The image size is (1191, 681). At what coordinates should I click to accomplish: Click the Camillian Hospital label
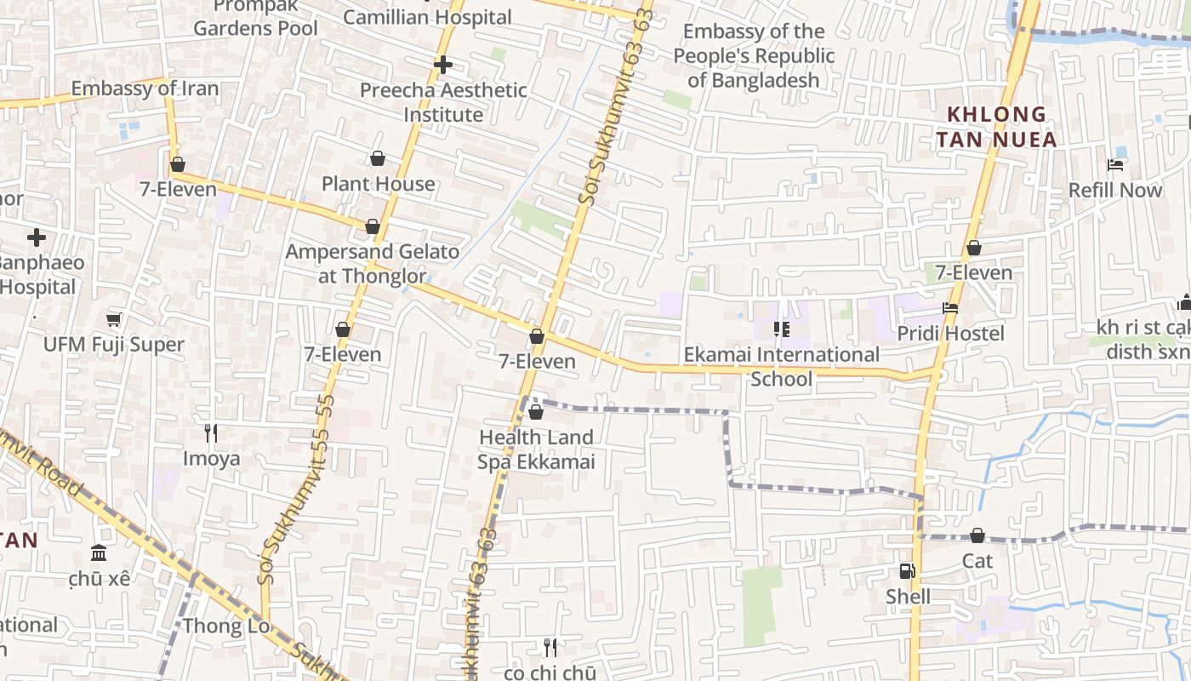427,17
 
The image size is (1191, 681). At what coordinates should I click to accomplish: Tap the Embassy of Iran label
145,89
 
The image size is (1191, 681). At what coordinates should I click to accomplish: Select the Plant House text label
378,184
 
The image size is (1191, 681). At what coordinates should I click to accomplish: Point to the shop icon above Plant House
378,159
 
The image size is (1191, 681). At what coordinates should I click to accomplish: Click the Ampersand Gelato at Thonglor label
372,264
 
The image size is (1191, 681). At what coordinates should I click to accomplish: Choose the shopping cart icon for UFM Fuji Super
114,320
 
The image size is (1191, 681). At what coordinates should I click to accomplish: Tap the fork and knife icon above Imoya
211,433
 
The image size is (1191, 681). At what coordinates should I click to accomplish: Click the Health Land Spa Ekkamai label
535,449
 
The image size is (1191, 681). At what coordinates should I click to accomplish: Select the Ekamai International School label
782,366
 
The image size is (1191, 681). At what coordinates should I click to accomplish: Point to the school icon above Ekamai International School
781,329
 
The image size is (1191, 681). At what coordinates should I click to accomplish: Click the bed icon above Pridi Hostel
950,308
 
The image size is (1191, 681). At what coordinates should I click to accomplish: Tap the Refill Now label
1115,190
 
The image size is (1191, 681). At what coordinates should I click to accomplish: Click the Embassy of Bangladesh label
754,56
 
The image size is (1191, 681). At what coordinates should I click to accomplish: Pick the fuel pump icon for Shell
908,571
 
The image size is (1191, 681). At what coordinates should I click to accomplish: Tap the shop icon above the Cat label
977,535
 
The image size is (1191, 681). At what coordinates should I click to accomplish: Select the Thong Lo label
225,627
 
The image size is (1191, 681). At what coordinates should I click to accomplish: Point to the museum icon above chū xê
99,553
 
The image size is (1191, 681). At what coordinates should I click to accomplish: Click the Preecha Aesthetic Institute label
443,102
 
